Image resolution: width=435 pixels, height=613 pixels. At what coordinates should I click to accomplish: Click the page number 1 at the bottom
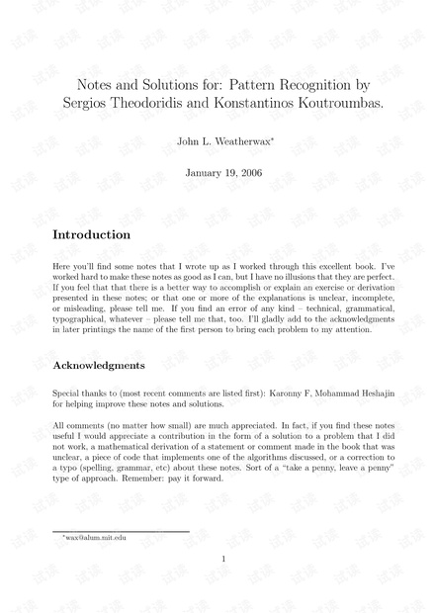click(223, 560)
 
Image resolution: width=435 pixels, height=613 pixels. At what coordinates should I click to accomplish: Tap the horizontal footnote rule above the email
click(120, 530)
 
